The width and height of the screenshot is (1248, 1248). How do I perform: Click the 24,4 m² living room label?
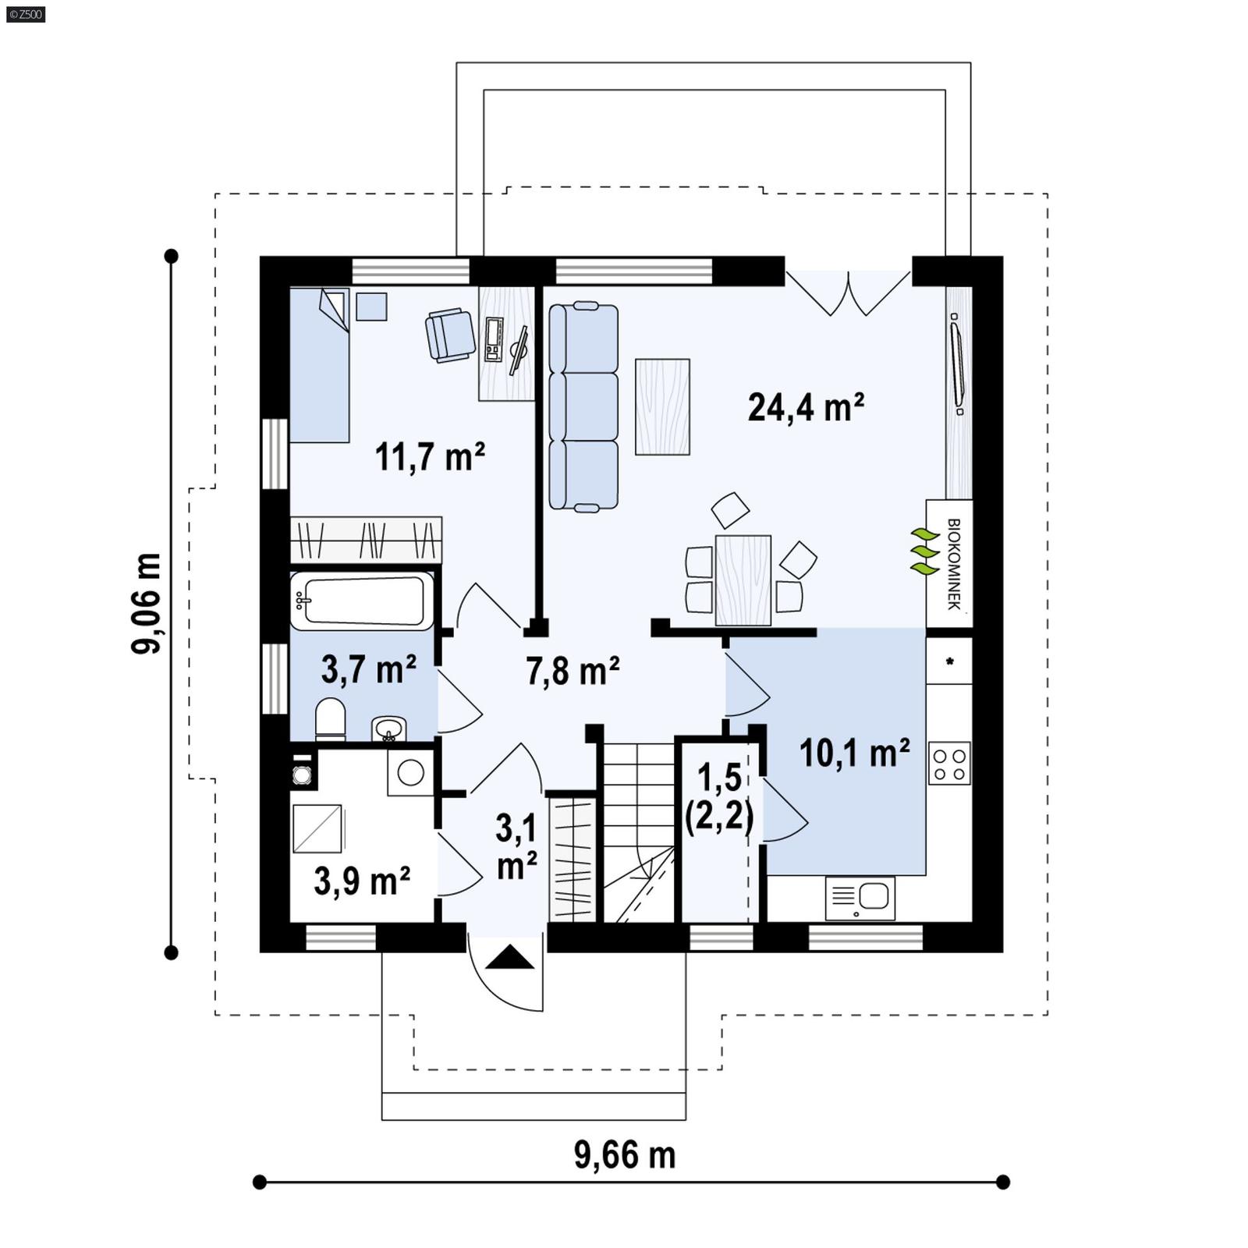805,407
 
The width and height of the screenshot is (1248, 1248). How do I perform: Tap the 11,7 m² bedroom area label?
430,456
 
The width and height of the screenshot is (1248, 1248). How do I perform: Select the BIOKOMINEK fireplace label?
952,563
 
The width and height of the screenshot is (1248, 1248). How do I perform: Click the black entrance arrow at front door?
510,957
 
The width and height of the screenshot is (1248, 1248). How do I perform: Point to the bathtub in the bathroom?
362,600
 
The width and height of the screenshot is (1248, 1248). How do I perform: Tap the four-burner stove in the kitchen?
949,763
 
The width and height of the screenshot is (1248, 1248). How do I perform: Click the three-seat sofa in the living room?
583,407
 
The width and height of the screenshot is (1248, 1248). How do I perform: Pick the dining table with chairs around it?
743,580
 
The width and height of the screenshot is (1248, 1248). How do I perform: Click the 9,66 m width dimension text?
624,1155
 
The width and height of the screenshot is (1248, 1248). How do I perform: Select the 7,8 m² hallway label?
573,671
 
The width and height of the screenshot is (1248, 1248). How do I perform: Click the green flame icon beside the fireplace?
924,551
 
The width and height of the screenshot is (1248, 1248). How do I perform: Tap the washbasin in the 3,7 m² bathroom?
388,729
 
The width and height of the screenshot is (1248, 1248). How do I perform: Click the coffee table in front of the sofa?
662,406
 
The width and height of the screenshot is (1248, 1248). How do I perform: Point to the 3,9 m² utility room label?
362,881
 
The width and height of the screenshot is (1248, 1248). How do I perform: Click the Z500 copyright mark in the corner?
25,13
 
